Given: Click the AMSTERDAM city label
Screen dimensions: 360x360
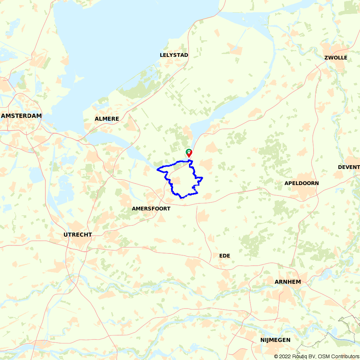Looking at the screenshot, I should [21, 116].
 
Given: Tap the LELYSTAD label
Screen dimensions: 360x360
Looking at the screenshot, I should [174, 55].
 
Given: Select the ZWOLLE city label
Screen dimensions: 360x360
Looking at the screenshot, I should [336, 58].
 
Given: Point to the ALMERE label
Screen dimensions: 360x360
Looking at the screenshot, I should [107, 119].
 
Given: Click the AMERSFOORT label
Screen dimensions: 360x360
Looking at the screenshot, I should [151, 208].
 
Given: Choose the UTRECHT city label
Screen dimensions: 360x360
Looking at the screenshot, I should [77, 235].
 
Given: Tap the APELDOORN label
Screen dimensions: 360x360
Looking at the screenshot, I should [301, 183].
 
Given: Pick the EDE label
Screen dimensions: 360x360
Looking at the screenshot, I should [224, 256].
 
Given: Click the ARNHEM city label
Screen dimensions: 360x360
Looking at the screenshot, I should [287, 282].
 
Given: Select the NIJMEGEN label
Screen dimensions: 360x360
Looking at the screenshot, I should [275, 340].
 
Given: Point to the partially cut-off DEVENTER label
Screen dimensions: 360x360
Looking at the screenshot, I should [348, 167].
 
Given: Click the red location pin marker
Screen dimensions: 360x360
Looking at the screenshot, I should [189, 154].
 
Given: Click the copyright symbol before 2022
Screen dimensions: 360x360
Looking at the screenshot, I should [276, 356].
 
